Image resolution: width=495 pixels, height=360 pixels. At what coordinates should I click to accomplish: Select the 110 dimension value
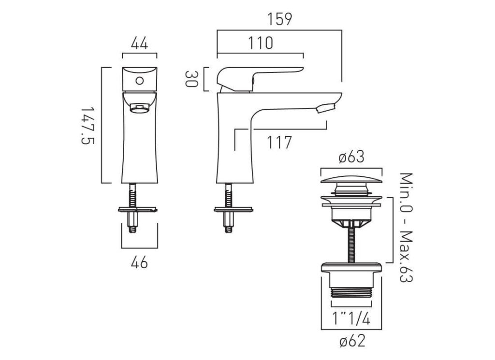click(x=261, y=43)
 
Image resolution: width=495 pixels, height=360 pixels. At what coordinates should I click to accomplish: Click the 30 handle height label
click(x=192, y=79)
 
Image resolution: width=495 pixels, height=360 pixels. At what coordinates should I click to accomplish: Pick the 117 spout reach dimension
click(x=278, y=143)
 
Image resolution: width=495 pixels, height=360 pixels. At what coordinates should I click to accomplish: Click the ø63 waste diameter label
click(x=351, y=157)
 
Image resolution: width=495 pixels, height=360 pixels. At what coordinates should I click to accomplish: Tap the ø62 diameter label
click(x=351, y=342)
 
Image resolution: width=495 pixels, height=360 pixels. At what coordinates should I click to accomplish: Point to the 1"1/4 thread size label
click(x=351, y=318)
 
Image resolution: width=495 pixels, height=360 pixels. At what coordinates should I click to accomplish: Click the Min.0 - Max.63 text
click(x=406, y=228)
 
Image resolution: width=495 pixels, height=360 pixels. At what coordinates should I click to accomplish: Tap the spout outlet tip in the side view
click(x=325, y=108)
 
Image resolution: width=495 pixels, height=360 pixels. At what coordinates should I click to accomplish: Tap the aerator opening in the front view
click(x=139, y=107)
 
